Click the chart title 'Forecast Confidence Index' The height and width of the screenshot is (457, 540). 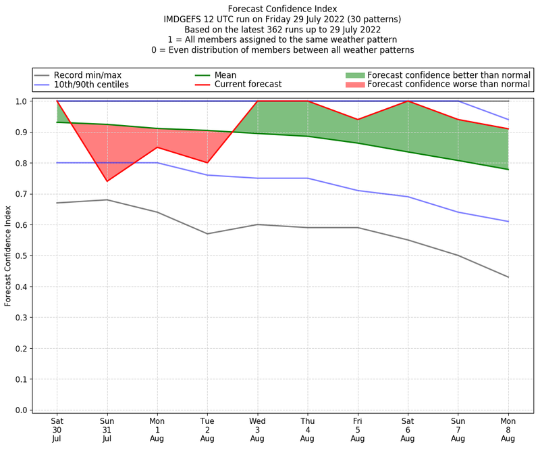[282, 8]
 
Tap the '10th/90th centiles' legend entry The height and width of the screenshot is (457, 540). [90, 85]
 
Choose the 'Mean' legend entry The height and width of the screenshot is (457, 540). [227, 75]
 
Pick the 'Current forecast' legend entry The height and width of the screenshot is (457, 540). [248, 85]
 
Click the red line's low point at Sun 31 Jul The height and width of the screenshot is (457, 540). [107, 181]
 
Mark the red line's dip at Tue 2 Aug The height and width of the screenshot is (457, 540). [207, 163]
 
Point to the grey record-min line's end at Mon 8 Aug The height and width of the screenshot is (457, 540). [508, 277]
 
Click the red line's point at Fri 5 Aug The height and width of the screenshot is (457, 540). [358, 120]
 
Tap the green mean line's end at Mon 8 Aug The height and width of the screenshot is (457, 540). [508, 169]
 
